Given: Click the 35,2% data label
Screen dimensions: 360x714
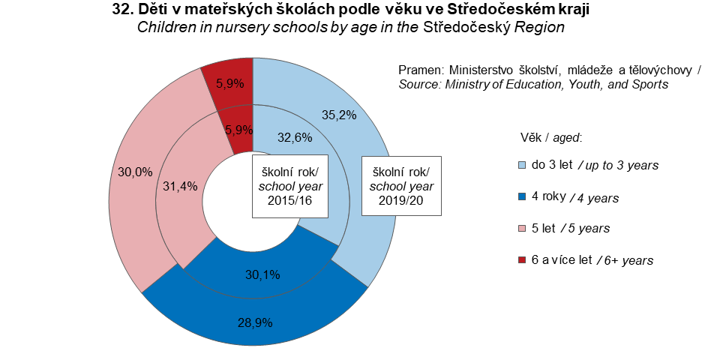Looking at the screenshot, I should [338, 116].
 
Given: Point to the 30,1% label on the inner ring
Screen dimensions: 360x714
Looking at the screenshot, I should [262, 274].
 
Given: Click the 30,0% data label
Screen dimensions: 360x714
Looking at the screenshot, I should [133, 172].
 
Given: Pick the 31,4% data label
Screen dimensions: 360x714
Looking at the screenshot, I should [180, 187].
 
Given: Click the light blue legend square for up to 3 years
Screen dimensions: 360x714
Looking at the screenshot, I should [522, 164].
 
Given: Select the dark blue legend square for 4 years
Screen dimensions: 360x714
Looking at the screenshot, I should [522, 197].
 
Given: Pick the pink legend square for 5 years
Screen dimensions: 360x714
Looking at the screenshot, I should [522, 228].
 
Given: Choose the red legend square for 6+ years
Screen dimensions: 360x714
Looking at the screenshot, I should [522, 260].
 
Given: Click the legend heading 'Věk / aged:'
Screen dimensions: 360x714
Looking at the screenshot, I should [551, 138].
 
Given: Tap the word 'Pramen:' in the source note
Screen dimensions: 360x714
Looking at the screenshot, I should [420, 70].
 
